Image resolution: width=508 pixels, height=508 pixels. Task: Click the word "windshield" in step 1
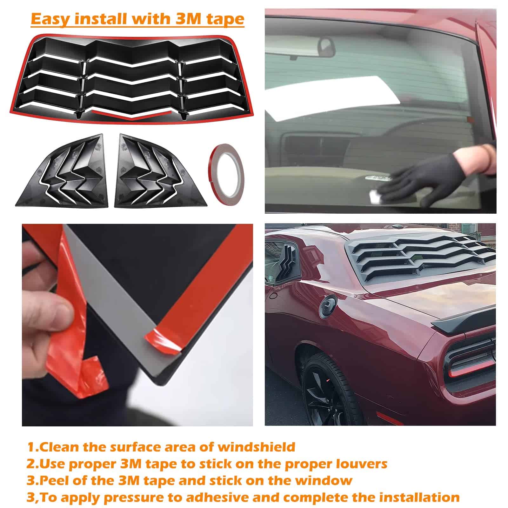[256, 447]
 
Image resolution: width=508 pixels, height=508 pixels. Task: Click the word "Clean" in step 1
[59, 447]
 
